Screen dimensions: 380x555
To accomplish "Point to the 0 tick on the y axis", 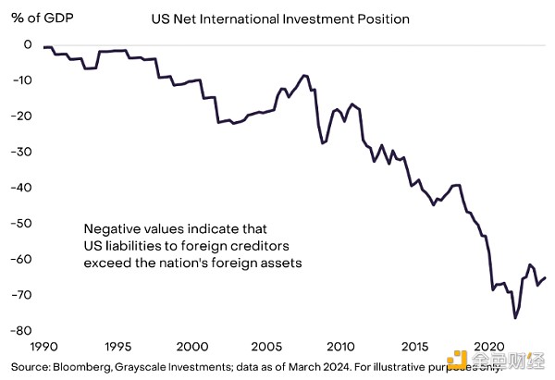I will pos(28,44).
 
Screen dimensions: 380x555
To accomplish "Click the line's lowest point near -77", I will pos(515,317).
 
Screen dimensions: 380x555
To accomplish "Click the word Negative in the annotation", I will pos(111,228).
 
